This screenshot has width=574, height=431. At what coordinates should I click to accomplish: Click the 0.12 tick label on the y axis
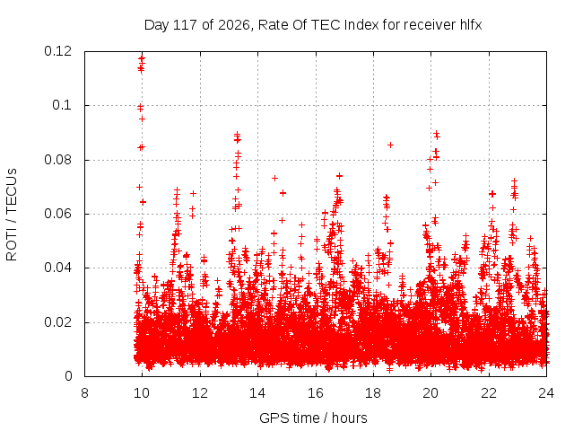pos(57,51)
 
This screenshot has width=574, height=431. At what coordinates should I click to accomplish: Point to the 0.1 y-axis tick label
pos(62,105)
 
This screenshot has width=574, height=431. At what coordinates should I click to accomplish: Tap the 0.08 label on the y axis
pos(57,160)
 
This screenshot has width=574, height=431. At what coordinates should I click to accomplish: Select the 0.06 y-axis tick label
pos(57,214)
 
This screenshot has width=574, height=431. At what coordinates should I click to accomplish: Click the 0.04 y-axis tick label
pos(57,268)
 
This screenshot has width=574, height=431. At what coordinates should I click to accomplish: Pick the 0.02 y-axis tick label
pos(57,322)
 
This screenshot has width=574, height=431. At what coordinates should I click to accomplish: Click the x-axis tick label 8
pos(84,393)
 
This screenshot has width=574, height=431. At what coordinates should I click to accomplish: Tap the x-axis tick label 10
pos(142,393)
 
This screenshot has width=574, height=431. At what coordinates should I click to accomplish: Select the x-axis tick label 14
pos(257,393)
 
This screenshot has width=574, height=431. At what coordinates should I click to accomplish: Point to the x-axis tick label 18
pos(373,393)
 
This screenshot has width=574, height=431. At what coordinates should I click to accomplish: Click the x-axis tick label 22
pos(489,393)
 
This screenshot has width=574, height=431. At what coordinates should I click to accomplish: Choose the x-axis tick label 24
pos(546,393)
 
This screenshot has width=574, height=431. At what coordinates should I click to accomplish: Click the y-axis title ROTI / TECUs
pos(12,215)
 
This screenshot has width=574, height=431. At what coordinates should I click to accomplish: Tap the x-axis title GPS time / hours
pos(313,418)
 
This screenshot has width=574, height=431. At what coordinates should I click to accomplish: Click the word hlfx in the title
pos(471,25)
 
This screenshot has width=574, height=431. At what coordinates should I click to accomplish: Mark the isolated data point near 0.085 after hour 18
pos(391,145)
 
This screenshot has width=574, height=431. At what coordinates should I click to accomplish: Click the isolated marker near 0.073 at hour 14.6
pos(274,178)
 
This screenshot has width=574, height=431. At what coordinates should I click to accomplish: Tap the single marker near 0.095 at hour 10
pos(142,119)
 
